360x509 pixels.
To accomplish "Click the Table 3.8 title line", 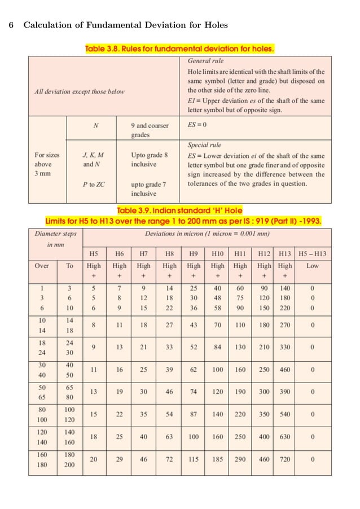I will [179, 49].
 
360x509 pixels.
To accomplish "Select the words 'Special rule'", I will [204, 144].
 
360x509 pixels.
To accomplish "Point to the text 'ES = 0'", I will [197, 125].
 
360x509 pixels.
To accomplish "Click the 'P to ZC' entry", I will [94, 183].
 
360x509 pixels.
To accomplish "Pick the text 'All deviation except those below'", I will [79, 91].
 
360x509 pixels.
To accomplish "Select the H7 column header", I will [144, 254].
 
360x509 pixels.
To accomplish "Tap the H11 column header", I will [240, 254].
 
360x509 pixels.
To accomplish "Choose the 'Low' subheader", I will [312, 265].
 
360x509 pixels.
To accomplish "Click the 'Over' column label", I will [42, 265].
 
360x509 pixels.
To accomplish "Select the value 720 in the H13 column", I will [285, 459].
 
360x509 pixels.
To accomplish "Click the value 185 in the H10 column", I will [217, 459].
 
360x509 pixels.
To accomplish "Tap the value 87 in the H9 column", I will [194, 414].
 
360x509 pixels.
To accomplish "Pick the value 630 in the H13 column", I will [285, 437].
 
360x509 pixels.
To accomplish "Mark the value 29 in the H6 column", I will [120, 459].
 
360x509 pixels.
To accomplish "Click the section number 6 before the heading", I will [12, 25].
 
